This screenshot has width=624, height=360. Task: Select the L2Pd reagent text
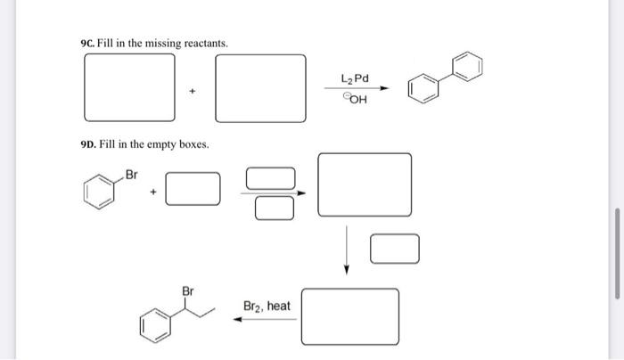pyautogui.click(x=355, y=79)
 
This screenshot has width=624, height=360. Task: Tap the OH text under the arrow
pyautogui.click(x=355, y=99)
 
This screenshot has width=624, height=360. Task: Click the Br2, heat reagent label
pyautogui.click(x=267, y=306)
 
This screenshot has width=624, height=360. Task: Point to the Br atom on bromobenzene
pyautogui.click(x=134, y=173)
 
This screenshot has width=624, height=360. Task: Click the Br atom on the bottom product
pyautogui.click(x=188, y=290)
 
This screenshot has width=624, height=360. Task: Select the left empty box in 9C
pyautogui.click(x=129, y=88)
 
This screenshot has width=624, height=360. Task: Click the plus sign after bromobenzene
pyautogui.click(x=153, y=191)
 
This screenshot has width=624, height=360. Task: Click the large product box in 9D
pyautogui.click(x=365, y=184)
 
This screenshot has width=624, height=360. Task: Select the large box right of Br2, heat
pyautogui.click(x=349, y=315)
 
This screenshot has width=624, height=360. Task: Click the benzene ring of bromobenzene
pyautogui.click(x=101, y=192)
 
